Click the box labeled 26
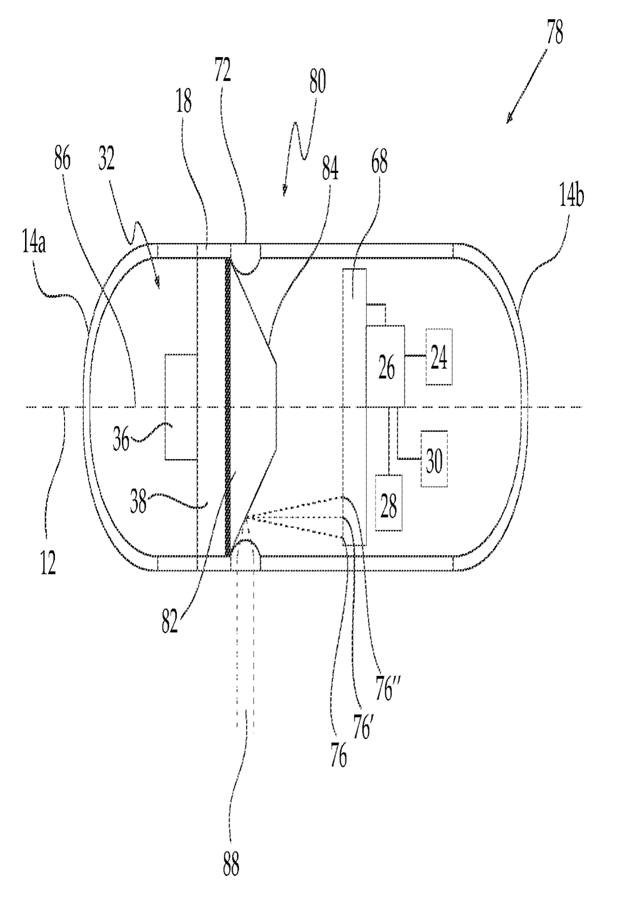click(385, 366)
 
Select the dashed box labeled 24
click(439, 357)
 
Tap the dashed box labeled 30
click(434, 459)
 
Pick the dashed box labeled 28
click(389, 503)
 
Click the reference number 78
click(555, 34)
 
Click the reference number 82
click(169, 621)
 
